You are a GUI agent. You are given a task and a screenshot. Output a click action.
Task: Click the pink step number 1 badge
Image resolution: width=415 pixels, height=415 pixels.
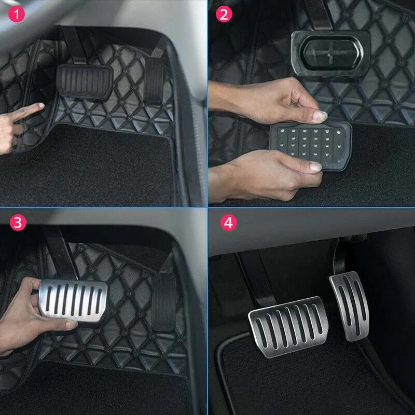17,14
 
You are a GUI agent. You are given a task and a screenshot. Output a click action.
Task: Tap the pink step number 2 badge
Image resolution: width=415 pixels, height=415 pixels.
224,14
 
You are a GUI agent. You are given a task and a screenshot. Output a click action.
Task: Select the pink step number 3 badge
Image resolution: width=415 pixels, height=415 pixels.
18,223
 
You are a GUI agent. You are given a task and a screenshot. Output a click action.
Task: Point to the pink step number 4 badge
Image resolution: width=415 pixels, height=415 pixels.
229,223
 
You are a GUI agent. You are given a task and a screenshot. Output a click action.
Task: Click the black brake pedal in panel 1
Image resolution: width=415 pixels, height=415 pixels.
85,81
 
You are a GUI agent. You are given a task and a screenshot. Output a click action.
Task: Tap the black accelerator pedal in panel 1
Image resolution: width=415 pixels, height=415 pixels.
154,80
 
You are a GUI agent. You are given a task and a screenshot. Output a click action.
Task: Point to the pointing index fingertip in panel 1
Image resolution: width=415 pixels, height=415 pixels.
41,106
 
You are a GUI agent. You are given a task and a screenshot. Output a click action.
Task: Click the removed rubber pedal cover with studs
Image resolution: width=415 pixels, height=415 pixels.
311,146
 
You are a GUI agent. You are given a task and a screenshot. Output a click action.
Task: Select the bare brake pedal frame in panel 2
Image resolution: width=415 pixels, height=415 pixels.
331,53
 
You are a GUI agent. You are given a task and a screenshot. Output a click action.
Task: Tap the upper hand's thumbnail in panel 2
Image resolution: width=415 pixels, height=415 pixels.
320,116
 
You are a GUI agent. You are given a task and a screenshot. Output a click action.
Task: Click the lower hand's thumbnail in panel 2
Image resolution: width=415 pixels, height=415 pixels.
315,167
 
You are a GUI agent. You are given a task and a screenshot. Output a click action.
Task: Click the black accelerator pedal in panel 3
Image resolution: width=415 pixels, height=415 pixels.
163,302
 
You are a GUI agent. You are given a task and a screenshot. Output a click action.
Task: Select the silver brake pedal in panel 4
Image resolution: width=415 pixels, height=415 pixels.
288,327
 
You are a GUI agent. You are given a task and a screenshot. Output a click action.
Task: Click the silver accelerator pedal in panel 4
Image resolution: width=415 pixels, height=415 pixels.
349,306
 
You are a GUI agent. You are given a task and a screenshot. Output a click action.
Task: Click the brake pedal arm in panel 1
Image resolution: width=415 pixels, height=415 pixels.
74,46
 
